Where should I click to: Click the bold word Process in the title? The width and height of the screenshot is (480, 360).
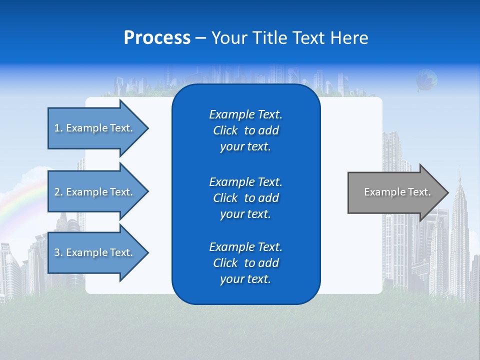pos(157,38)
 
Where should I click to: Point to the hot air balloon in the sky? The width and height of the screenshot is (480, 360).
pos(426,80)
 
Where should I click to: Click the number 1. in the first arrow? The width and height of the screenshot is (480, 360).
pos(58,128)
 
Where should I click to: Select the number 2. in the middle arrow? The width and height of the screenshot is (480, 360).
pos(58,192)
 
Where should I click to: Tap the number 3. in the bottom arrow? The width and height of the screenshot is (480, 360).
pos(58,252)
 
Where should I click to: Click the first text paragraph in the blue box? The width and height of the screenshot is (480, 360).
pos(245,130)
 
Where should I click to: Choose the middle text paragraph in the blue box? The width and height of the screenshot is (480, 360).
pos(245,198)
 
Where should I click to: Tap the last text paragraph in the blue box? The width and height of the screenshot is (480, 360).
pos(245,263)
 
